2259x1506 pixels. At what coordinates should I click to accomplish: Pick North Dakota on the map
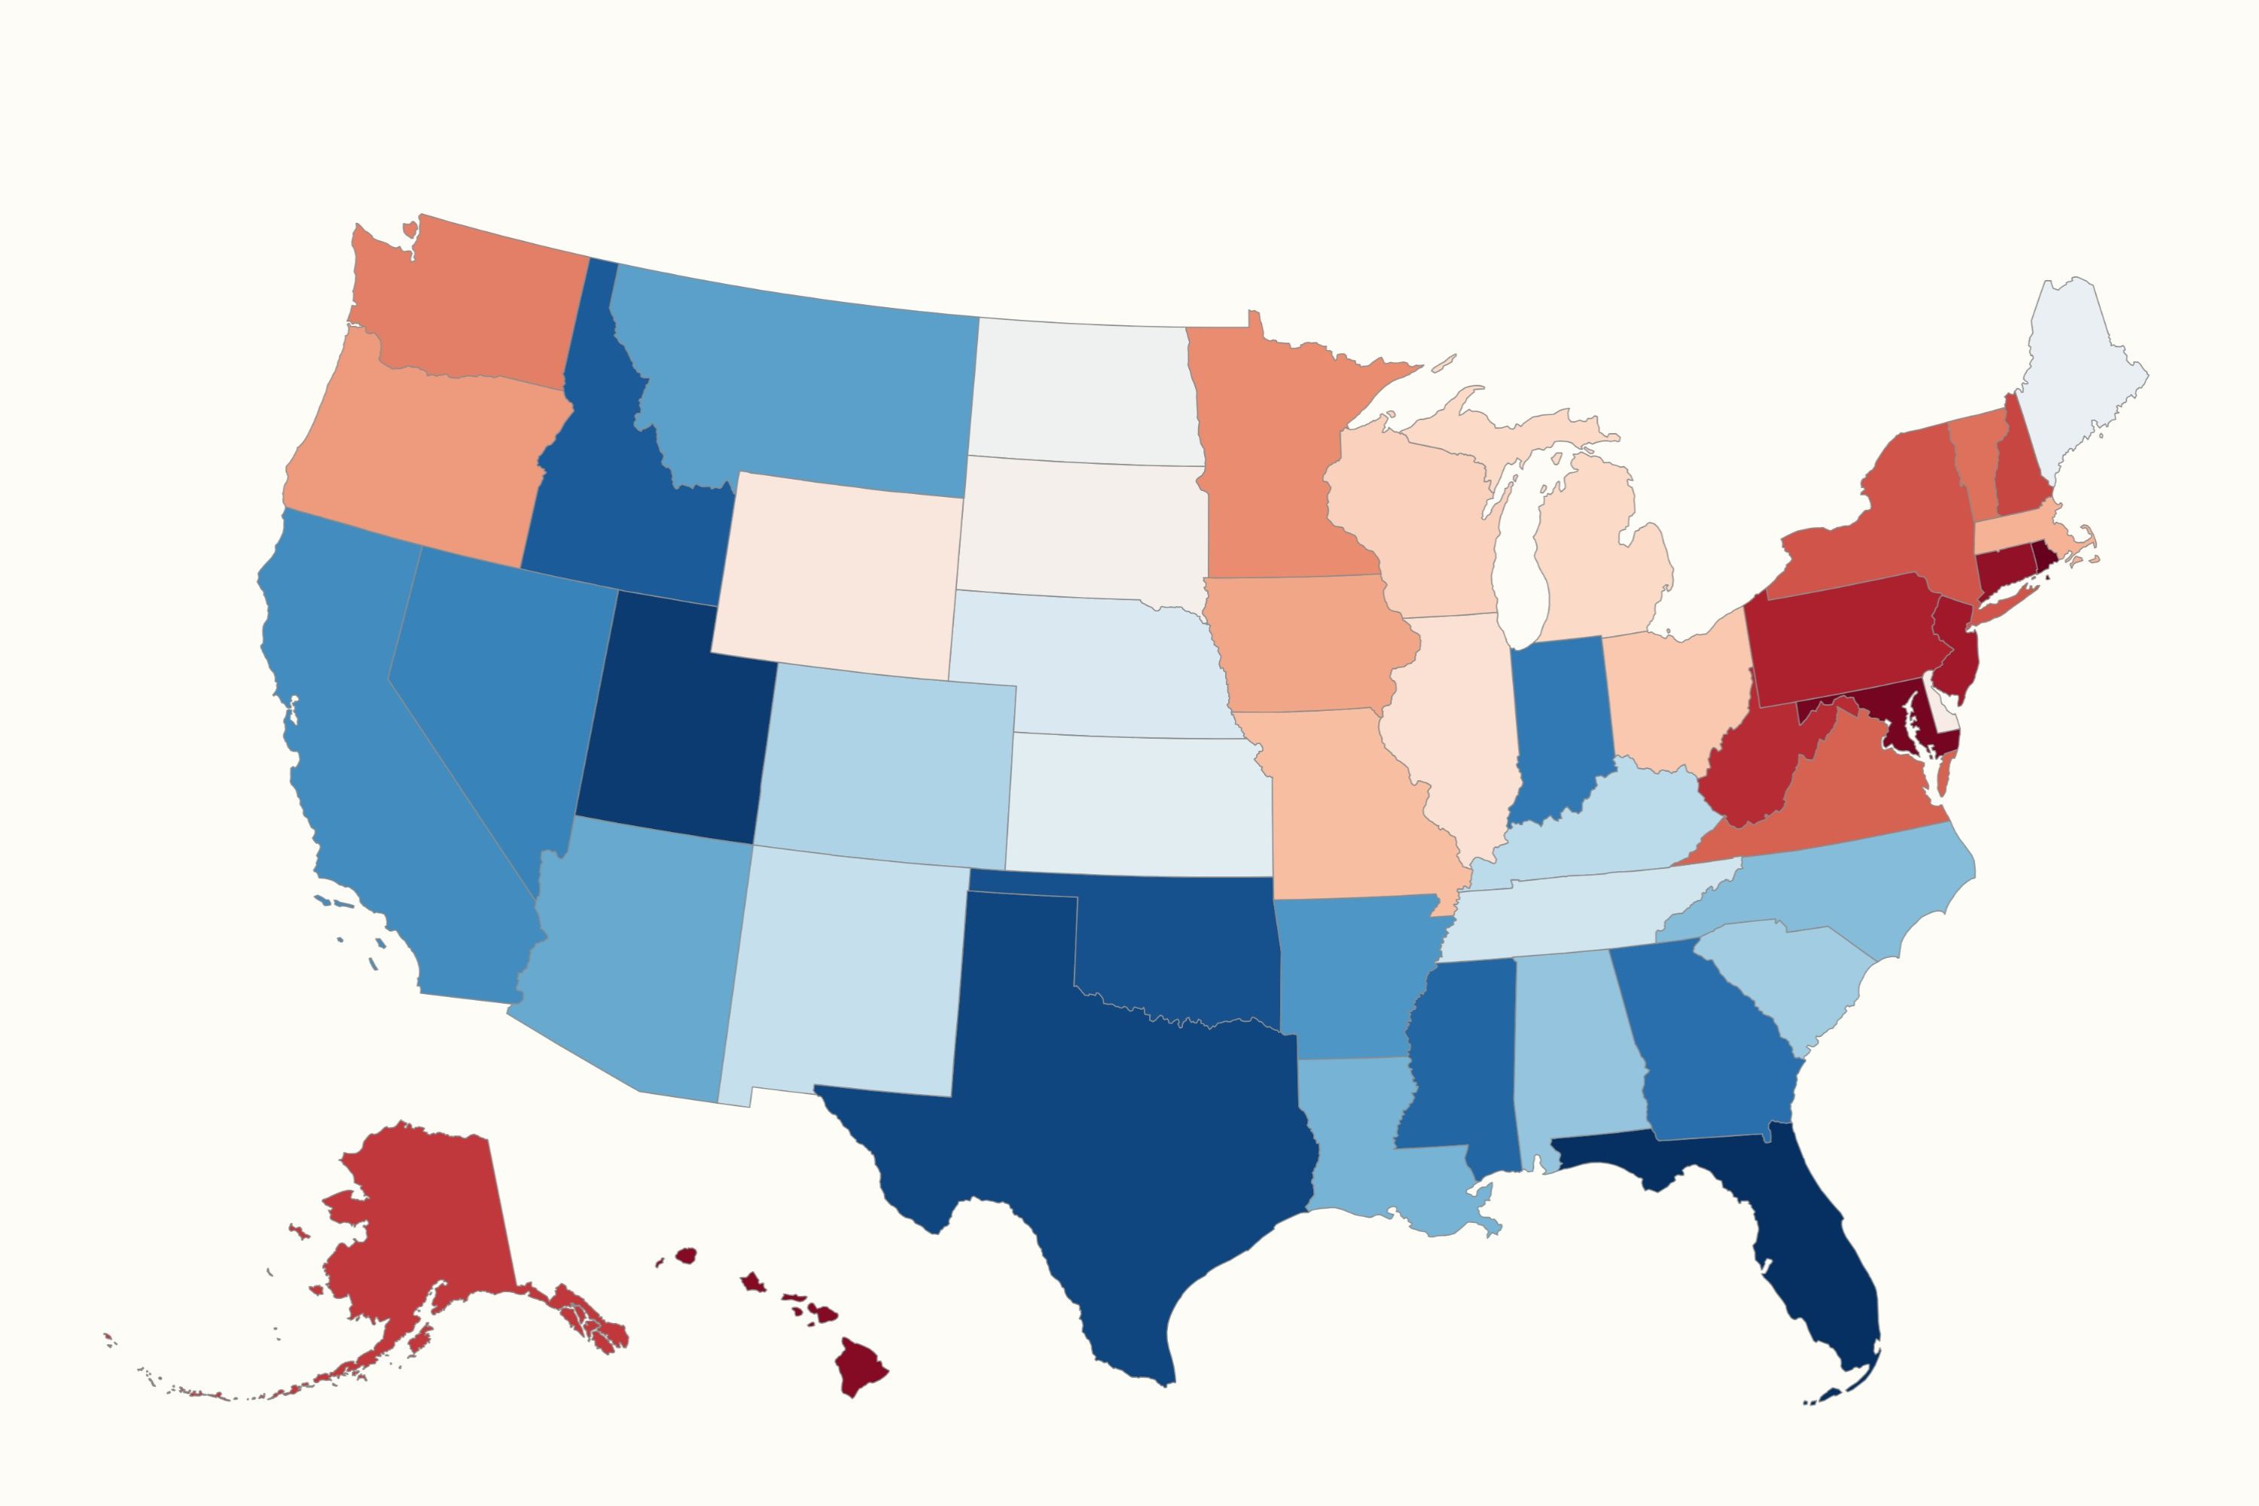tap(1085, 394)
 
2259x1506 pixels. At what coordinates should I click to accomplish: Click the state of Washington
tap(471, 307)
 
